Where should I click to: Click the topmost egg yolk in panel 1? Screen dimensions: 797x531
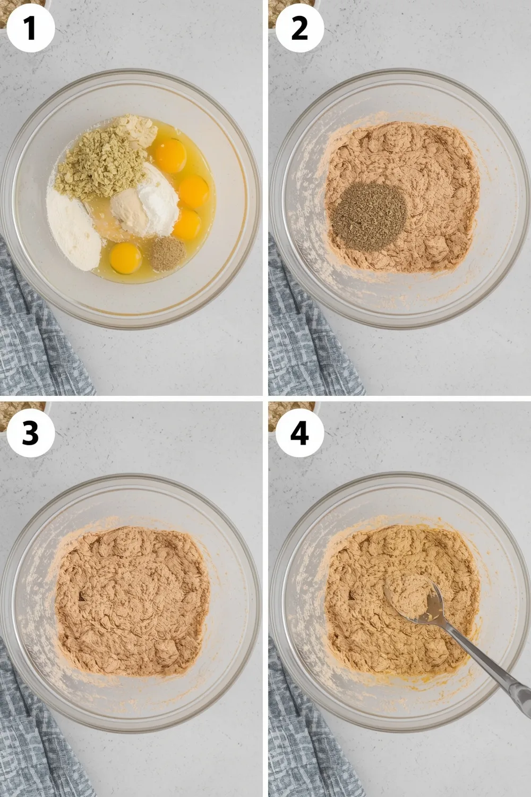(x=170, y=153)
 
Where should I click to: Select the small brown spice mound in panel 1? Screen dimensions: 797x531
(x=166, y=253)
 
